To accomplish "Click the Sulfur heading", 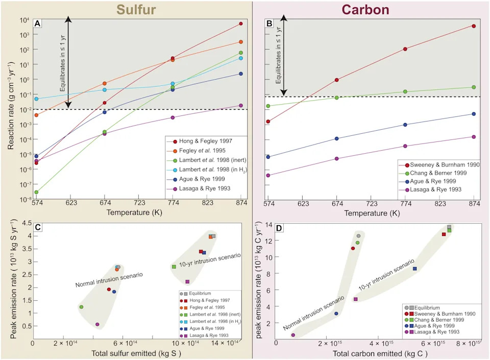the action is (136, 9).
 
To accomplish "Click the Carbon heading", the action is (365, 9).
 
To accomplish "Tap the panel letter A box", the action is (37, 23).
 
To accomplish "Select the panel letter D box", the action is (279, 228).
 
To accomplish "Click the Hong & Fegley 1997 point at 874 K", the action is (240, 23).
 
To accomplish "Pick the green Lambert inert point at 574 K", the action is (36, 192).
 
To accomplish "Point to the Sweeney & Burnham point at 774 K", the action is (405, 49).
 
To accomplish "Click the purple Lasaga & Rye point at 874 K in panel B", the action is (474, 137).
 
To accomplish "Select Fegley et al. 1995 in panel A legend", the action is (202, 151).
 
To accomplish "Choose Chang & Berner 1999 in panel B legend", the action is (438, 173).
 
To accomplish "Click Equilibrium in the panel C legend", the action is (200, 294).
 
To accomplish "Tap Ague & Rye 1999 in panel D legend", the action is (434, 326).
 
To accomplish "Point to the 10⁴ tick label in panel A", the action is (24, 20).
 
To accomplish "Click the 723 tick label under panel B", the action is (372, 204).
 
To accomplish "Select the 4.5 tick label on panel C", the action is (27, 223).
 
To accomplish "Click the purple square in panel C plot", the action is (187, 281).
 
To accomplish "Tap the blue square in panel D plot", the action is (414, 269).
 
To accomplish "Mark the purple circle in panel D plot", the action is (293, 335).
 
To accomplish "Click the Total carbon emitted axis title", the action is (380, 353).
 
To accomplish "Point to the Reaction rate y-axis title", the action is (11, 105).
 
